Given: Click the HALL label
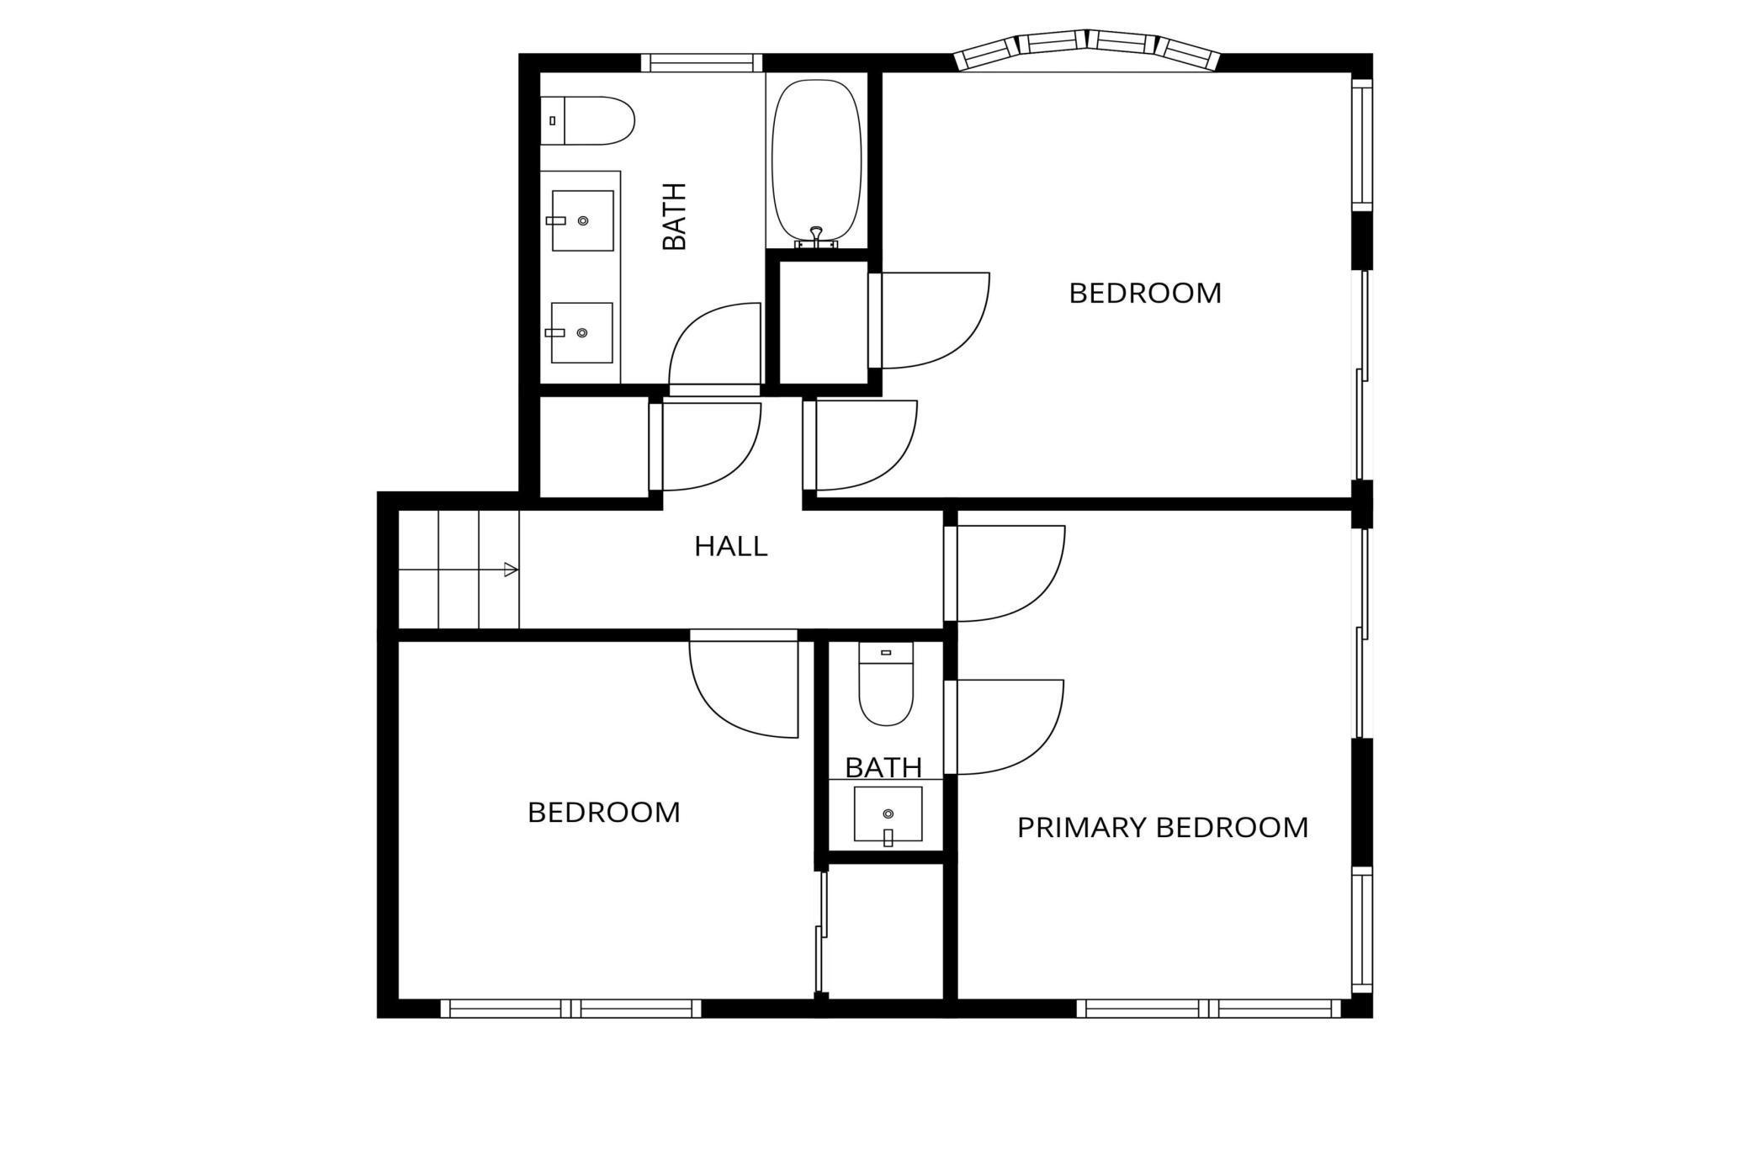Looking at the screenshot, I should point(730,547).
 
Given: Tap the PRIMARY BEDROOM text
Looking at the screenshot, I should point(1162,828).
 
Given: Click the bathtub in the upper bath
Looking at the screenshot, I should point(816,160).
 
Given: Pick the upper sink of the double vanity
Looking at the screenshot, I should point(582,220).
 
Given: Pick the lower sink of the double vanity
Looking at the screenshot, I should point(581,332).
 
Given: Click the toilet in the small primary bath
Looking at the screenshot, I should point(885,686).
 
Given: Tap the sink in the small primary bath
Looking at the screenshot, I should point(888,814).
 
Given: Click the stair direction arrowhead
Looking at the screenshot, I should point(510,570).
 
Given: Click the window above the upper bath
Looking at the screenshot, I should point(701,62).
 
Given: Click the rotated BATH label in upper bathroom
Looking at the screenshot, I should point(675,216).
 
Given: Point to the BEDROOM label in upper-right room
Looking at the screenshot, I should point(1144,294).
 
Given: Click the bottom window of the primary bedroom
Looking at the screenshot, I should point(1208,1008).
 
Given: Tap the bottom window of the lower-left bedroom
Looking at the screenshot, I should point(570,1008).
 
